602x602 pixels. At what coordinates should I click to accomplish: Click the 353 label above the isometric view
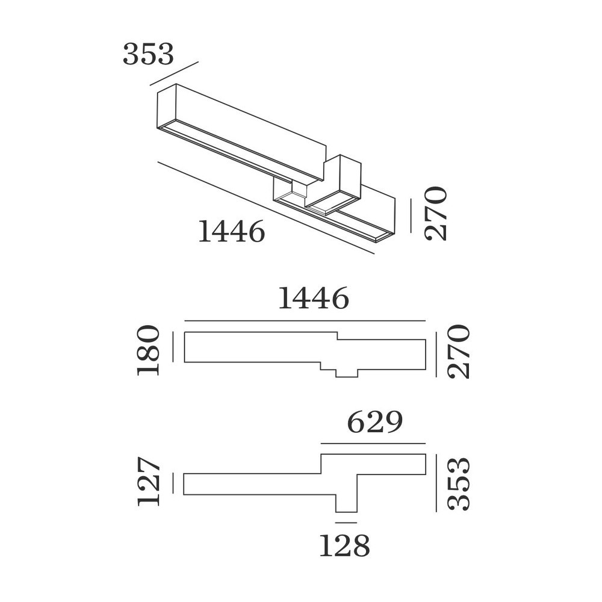(148, 54)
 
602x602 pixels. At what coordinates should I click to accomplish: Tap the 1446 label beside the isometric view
(232, 231)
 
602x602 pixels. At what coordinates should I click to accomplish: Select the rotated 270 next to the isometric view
(436, 214)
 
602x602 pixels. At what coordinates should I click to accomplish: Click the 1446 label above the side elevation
(313, 298)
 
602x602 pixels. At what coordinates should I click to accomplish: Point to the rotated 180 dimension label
(149, 350)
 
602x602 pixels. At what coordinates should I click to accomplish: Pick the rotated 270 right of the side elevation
(459, 352)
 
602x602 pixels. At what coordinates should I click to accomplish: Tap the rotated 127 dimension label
(149, 481)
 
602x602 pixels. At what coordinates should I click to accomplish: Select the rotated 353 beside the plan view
(459, 484)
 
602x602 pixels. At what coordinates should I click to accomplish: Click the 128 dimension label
(344, 545)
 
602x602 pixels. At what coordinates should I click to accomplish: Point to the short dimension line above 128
(346, 523)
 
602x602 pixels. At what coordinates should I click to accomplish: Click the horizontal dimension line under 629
(373, 444)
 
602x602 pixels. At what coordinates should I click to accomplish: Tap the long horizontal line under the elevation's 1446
(305, 321)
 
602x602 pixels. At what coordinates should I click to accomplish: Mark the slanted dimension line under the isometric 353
(175, 73)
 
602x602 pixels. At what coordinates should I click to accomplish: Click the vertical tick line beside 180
(173, 347)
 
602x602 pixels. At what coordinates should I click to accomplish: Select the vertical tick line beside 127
(173, 483)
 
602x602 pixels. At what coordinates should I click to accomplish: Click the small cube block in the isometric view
(335, 184)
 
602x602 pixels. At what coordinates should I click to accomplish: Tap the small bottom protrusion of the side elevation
(346, 373)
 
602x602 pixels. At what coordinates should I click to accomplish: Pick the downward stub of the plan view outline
(346, 503)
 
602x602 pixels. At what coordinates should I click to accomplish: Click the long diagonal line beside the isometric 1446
(265, 208)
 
